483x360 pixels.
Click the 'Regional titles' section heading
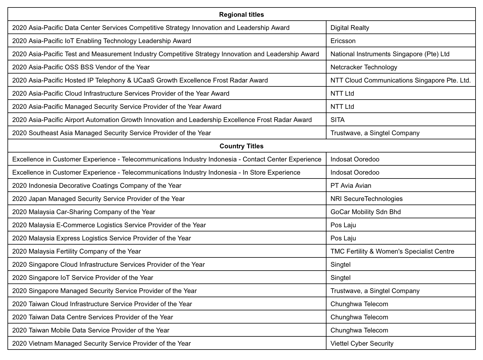pyautogui.click(x=241, y=14)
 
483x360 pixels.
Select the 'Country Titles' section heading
pyautogui.click(x=241, y=146)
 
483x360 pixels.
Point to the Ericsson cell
pyautogui.click(x=343, y=41)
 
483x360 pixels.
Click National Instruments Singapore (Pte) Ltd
pyautogui.click(x=390, y=54)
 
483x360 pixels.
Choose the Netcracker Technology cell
pyautogui.click(x=364, y=67)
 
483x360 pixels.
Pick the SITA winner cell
pyautogui.click(x=338, y=120)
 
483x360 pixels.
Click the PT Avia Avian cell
pyautogui.click(x=351, y=186)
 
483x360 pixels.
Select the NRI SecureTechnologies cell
pyautogui.click(x=367, y=199)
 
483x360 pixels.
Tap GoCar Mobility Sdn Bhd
pyautogui.click(x=366, y=212)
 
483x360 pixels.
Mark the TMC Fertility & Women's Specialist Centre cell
pyautogui.click(x=392, y=251)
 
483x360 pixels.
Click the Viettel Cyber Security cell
pyautogui.click(x=362, y=344)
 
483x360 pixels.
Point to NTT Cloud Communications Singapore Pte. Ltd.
pyautogui.click(x=401, y=80)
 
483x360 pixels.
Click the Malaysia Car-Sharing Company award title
pyautogui.click(x=84, y=212)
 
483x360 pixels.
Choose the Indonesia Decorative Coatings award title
pyautogui.click(x=97, y=186)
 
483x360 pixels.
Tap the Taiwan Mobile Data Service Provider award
pyautogui.click(x=91, y=330)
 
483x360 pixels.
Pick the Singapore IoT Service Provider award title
pyautogui.click(x=83, y=278)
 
